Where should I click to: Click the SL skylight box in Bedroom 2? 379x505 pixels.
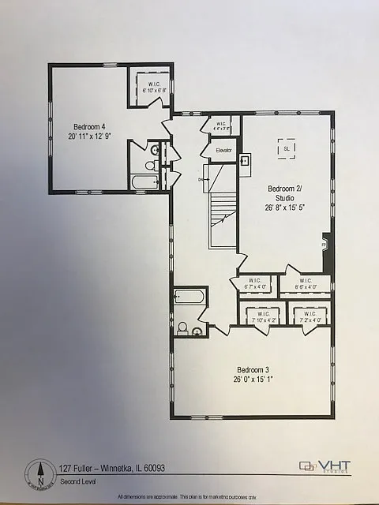(x=286, y=148)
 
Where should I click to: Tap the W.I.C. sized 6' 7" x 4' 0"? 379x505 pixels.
(x=254, y=284)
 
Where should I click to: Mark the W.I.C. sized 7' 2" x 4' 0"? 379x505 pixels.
(x=309, y=315)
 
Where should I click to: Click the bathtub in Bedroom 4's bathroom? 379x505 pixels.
(x=145, y=182)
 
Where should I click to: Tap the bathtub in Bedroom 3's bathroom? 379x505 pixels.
(x=190, y=298)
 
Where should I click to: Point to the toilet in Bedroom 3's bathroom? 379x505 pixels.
(x=182, y=327)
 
